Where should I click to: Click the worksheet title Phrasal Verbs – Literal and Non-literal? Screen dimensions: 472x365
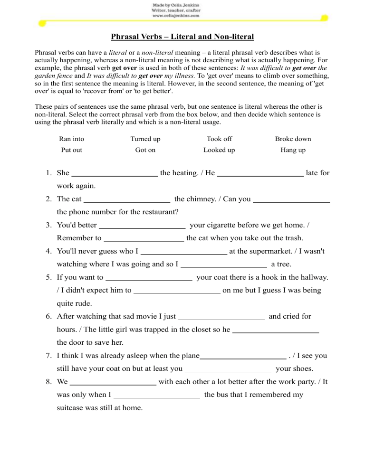(182, 37)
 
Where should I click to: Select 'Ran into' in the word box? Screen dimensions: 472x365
(72, 139)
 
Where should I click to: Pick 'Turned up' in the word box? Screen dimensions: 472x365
(145, 139)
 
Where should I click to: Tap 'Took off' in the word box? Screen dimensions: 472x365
(219, 139)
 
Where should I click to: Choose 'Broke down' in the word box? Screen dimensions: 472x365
(293, 139)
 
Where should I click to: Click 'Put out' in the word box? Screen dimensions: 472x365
(72, 150)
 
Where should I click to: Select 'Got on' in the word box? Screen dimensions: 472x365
(145, 150)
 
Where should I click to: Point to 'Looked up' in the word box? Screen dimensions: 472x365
(219, 150)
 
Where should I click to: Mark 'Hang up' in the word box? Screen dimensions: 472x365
(293, 150)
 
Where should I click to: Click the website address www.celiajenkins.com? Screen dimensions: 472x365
(175, 15)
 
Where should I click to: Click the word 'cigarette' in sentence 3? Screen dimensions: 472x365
(223, 225)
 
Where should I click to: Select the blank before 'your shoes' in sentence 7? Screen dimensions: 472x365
(228, 368)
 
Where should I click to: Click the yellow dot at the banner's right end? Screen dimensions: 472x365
(325, 18)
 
